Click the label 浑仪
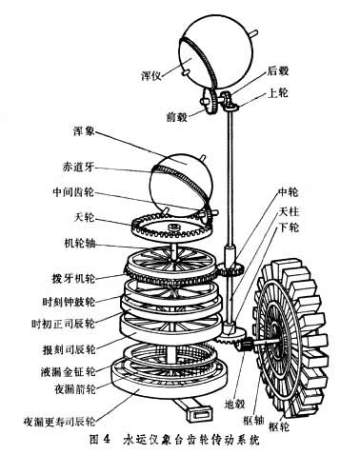(151, 75)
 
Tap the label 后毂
(278, 70)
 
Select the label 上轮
(278, 93)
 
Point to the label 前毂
(177, 117)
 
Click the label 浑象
(84, 131)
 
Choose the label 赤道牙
(78, 167)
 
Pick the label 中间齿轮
(73, 192)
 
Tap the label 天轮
(84, 217)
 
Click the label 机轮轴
(79, 244)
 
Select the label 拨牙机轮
(73, 278)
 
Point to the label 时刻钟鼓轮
(69, 301)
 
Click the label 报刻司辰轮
(69, 349)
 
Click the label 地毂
(234, 404)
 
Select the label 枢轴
(254, 421)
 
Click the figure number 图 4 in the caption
(100, 440)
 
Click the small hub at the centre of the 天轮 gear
(173, 227)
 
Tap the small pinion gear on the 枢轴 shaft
(245, 345)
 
